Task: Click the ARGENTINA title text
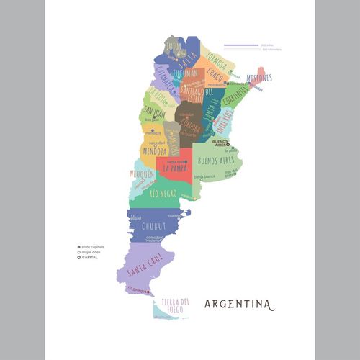pos(239,304)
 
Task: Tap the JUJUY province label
pos(174,45)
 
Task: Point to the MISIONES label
pos(258,78)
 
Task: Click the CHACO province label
pos(215,75)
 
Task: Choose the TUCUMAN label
pos(186,74)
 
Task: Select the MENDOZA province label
pos(154,152)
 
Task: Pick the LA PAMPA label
pos(176,168)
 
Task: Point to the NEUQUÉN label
pos(143,174)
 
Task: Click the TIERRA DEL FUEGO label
pos(176,305)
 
